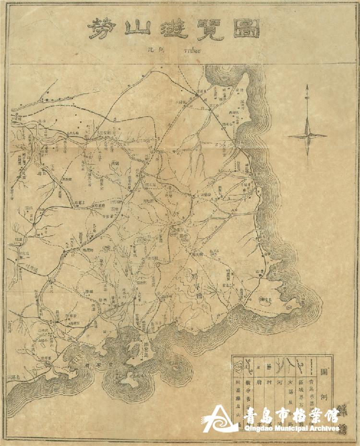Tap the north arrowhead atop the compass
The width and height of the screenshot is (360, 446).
click(x=308, y=99)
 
